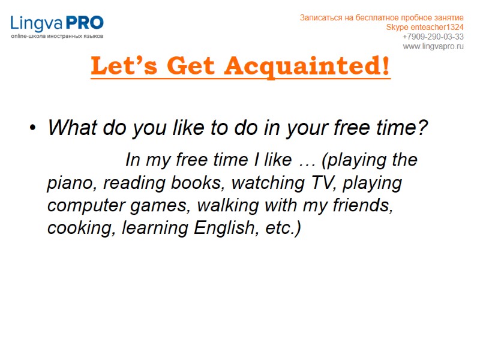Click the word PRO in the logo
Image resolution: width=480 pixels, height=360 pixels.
click(84, 23)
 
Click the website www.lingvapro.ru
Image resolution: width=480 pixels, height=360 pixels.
click(433, 46)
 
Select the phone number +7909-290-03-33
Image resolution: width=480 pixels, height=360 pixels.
click(433, 37)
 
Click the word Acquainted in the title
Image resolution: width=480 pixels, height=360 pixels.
click(307, 66)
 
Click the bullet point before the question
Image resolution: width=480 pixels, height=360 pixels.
click(34, 128)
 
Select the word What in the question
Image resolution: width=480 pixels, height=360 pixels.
click(73, 128)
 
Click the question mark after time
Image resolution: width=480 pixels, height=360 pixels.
click(423, 128)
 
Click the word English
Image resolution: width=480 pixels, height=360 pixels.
click(226, 229)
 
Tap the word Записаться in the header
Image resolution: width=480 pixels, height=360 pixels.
click(325, 18)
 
